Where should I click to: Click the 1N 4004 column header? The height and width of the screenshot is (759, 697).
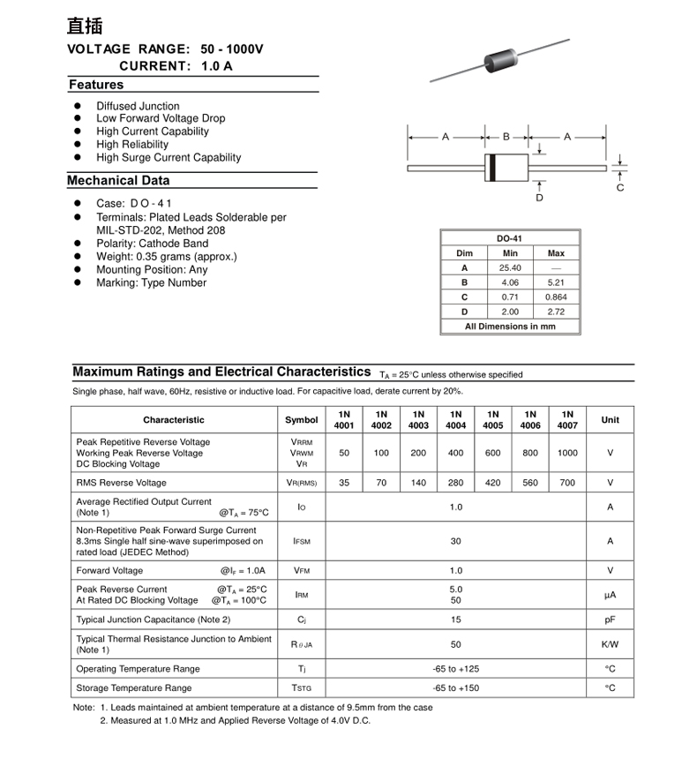[455, 419]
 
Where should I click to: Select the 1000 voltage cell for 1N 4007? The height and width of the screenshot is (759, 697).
[567, 453]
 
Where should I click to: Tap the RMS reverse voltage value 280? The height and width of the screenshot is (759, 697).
[455, 483]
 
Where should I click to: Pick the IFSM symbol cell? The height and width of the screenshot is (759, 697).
[302, 540]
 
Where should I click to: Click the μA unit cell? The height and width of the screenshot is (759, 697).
[610, 595]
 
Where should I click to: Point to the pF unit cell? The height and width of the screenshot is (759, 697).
[610, 620]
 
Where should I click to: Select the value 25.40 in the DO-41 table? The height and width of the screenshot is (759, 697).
[510, 267]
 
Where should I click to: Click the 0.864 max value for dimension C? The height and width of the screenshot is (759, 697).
[556, 297]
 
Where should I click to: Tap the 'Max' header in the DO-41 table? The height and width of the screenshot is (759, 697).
[556, 253]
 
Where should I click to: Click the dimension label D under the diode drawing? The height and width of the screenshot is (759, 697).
[540, 198]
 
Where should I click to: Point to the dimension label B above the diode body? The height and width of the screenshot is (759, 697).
[506, 137]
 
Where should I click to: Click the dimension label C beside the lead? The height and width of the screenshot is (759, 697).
[620, 188]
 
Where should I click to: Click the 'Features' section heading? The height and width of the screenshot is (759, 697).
[96, 85]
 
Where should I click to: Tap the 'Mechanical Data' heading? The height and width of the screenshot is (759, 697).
[118, 181]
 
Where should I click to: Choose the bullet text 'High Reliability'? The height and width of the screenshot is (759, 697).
[132, 145]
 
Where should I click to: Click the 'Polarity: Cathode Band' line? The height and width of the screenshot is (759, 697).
[153, 244]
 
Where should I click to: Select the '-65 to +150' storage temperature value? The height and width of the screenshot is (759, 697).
[455, 688]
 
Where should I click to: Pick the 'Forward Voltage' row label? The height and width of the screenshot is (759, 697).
[109, 570]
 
